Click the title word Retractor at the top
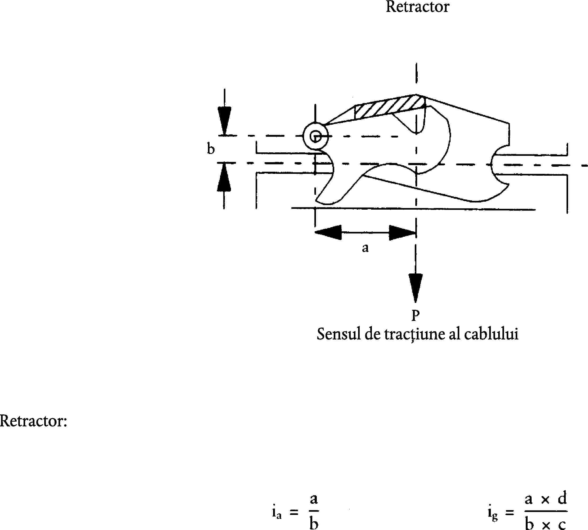tap(417, 7)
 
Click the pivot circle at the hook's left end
tap(315, 136)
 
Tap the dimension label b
tap(211, 149)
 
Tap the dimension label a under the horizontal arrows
tap(365, 248)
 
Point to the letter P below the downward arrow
tap(415, 315)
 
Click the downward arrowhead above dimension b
tap(224, 120)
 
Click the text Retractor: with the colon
tap(33, 421)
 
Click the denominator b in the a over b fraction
tap(314, 523)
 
